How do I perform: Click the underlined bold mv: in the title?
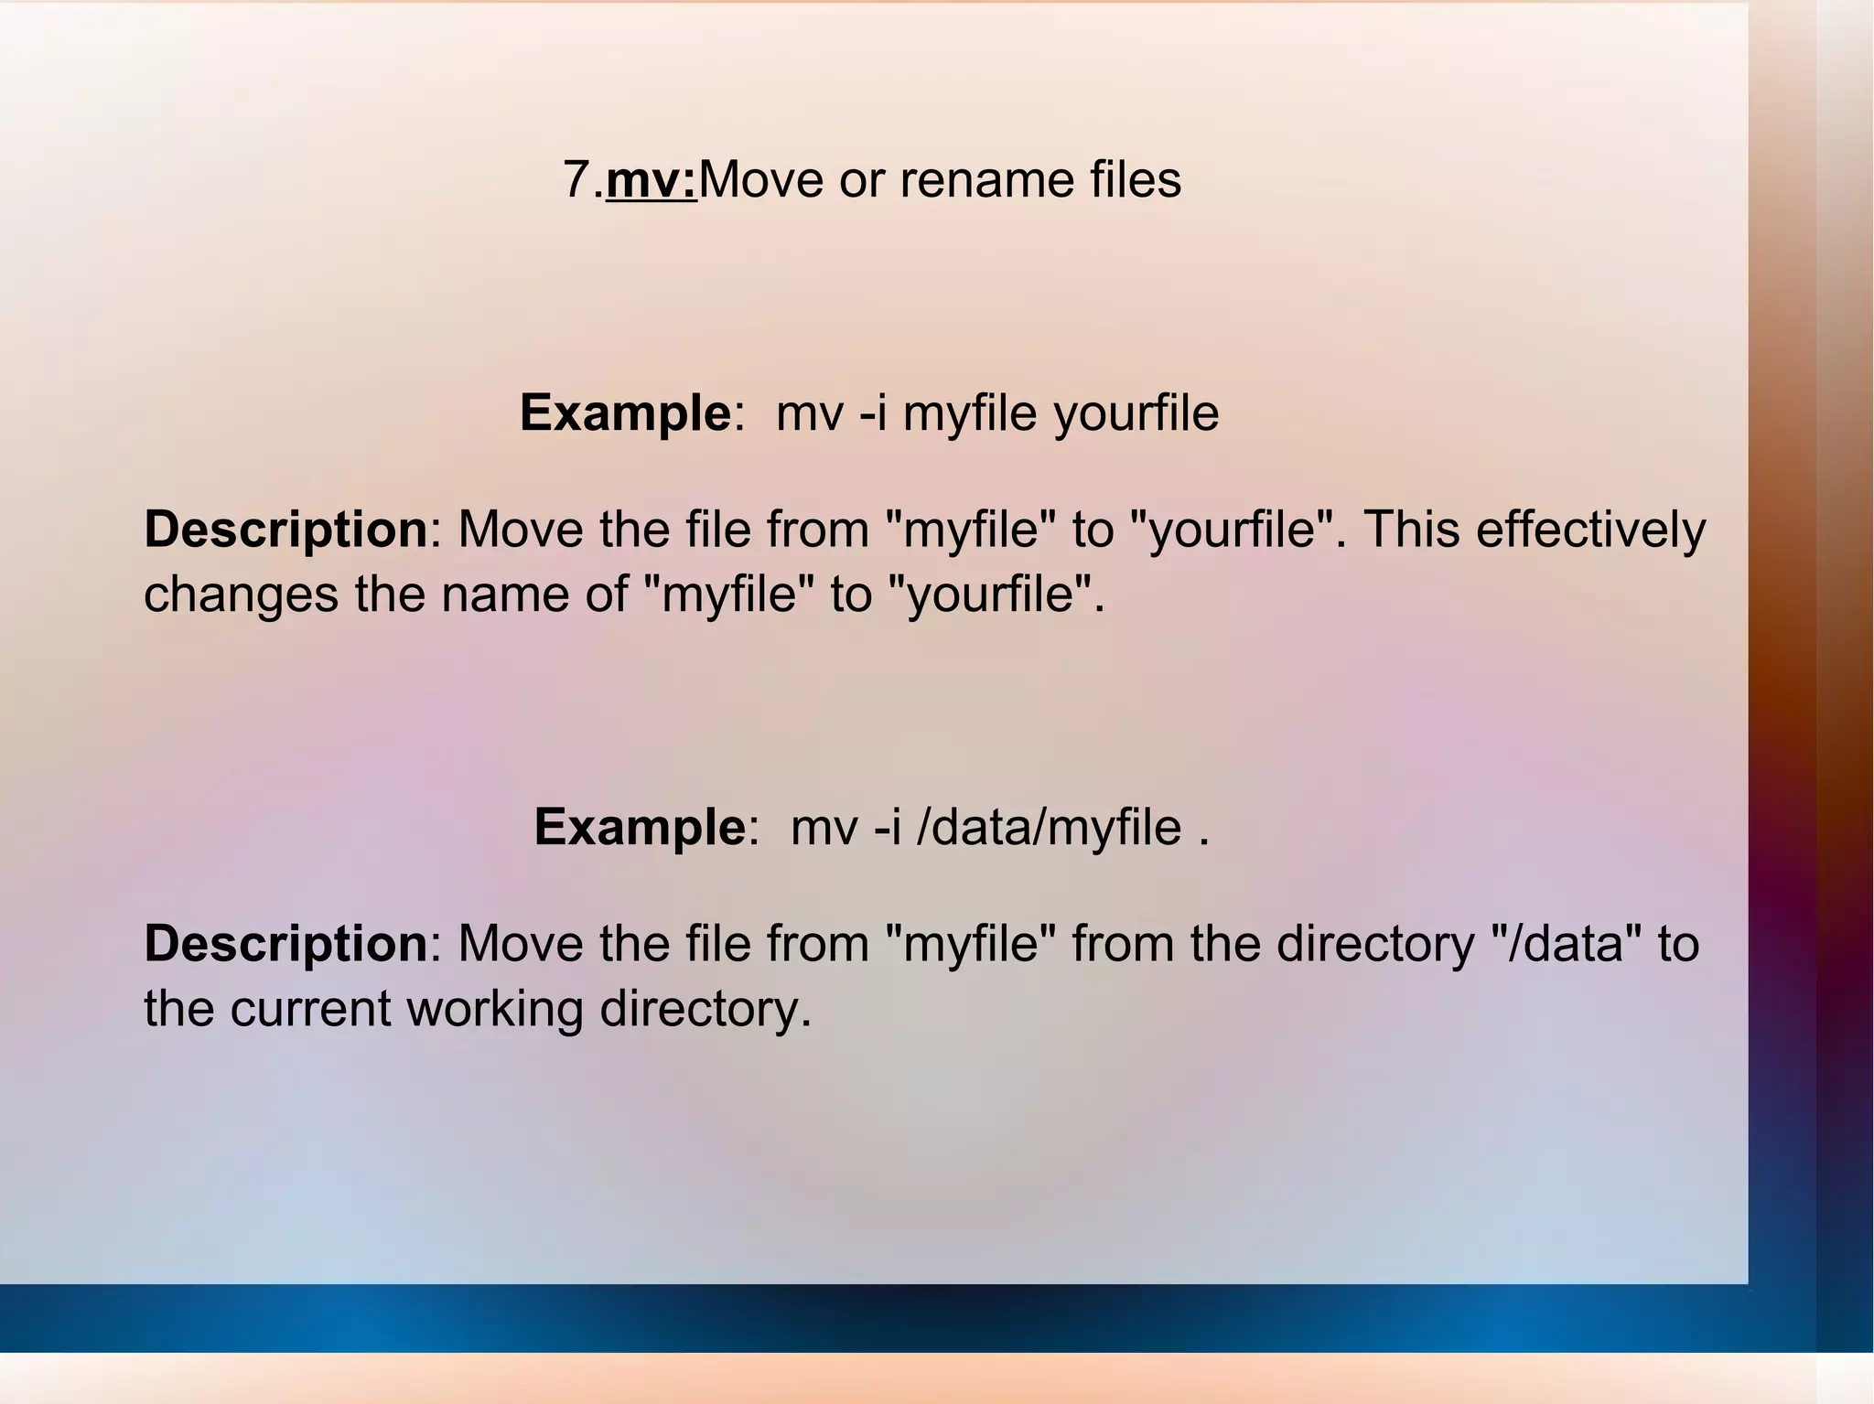[652, 179]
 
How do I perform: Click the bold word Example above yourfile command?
[625, 413]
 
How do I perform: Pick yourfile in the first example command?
[1136, 413]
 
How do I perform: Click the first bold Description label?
[285, 531]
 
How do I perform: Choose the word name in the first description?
[506, 595]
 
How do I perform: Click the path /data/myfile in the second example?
[1049, 828]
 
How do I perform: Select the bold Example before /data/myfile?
[640, 828]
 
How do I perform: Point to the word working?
[494, 1009]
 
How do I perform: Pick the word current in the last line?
[310, 1009]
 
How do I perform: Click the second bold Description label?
[285, 944]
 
